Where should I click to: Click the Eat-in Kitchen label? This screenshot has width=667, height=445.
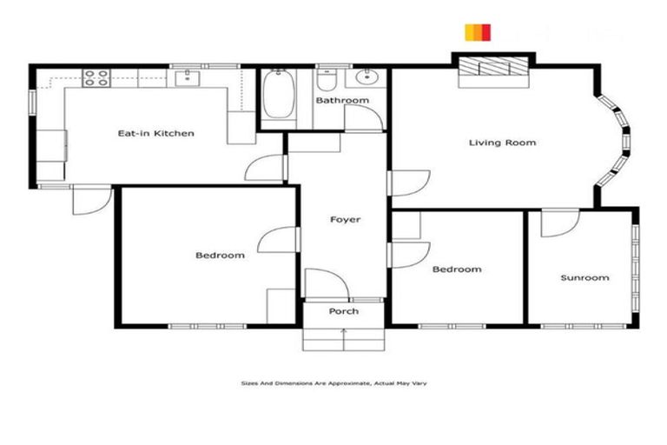pyautogui.click(x=155, y=134)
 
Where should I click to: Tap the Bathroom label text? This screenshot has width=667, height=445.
pyautogui.click(x=341, y=101)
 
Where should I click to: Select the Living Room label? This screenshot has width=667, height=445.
pyautogui.click(x=502, y=143)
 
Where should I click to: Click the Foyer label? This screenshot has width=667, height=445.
pyautogui.click(x=345, y=220)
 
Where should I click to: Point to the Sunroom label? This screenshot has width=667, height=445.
pyautogui.click(x=584, y=278)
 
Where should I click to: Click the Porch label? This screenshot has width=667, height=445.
pyautogui.click(x=343, y=311)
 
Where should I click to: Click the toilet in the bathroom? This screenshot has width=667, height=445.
pyautogui.click(x=327, y=81)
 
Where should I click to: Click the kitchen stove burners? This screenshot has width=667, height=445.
pyautogui.click(x=95, y=79)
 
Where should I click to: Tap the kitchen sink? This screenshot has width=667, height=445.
pyautogui.click(x=188, y=79)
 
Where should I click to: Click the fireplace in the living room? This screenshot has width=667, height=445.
pyautogui.click(x=492, y=70)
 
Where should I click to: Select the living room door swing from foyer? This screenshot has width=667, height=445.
pyautogui.click(x=408, y=183)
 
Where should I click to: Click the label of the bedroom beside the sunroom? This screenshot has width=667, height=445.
pyautogui.click(x=457, y=269)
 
